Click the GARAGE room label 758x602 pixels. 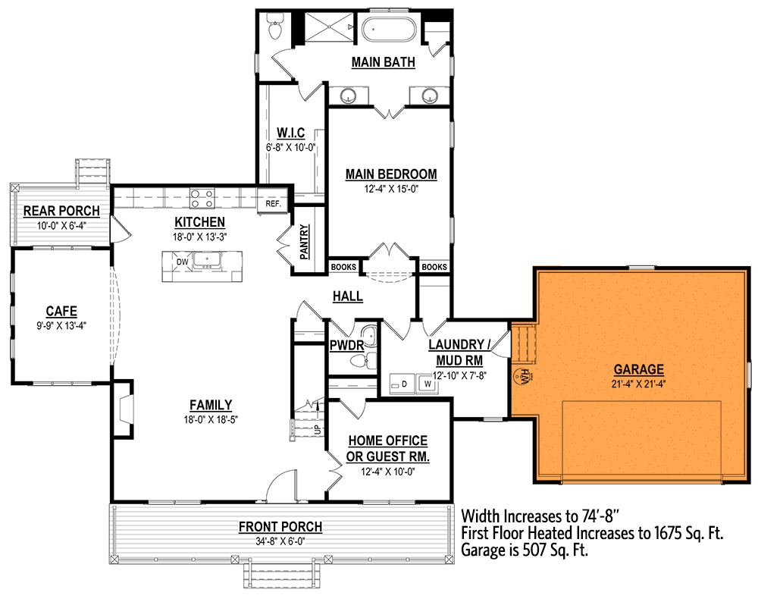point(638,370)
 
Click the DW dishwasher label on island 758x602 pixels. point(182,262)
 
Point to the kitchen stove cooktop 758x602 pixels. point(202,199)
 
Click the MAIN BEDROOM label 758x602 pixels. point(391,174)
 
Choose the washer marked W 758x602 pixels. point(428,384)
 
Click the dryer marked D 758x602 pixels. point(403,384)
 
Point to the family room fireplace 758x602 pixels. point(123,409)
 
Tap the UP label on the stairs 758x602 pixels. point(317,430)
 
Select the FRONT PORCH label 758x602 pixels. point(280,527)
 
